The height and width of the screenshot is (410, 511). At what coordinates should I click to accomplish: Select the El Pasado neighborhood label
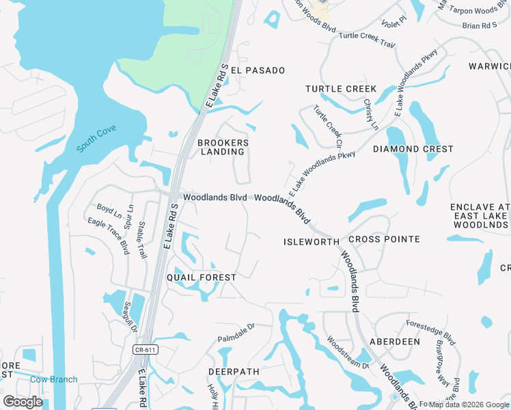258,70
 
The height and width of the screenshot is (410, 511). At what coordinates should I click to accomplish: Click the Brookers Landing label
223,147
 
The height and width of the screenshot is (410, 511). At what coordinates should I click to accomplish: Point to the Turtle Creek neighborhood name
341,89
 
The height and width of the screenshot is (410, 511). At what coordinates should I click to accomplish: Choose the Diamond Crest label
413,149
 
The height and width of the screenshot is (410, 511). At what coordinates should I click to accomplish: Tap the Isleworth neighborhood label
312,242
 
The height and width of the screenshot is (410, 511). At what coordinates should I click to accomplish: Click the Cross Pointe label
384,239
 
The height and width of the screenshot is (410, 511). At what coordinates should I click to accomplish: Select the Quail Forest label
202,277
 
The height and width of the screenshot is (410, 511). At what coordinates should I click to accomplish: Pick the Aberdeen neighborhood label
395,341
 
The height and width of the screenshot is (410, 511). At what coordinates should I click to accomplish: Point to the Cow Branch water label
54,379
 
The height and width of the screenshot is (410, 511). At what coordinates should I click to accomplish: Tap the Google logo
23,402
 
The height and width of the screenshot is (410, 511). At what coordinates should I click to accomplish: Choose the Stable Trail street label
142,239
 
